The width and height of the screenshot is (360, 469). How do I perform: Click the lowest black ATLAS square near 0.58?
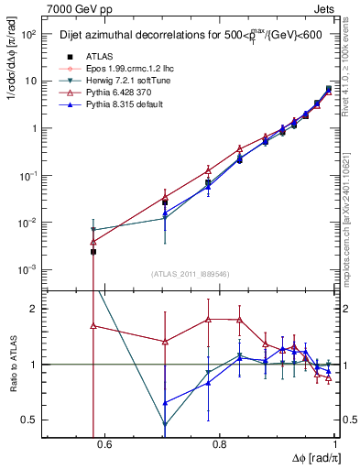click(x=93, y=251)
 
